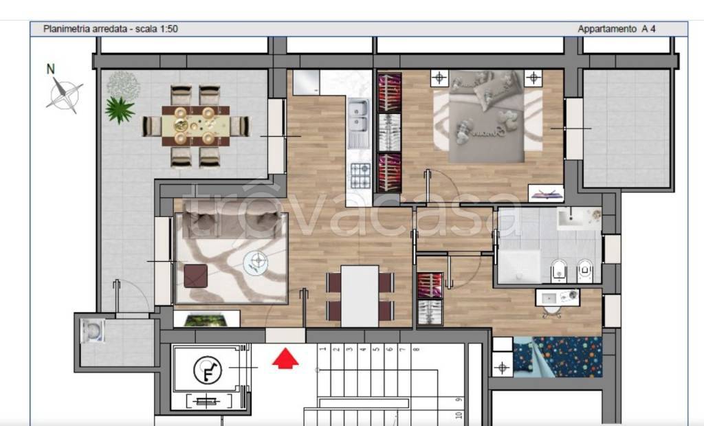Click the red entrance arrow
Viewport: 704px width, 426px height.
click(x=285, y=359)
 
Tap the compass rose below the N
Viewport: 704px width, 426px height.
click(x=65, y=95)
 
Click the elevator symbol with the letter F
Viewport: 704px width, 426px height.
click(x=207, y=370)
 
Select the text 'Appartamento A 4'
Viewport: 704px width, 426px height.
click(x=617, y=29)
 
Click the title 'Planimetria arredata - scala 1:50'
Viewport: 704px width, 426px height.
click(x=111, y=29)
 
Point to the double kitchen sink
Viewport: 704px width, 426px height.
click(x=358, y=116)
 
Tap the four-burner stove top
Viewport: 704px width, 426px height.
click(x=360, y=175)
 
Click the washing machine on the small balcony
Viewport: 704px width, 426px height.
click(x=93, y=330)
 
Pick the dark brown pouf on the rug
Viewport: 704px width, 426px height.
click(x=196, y=276)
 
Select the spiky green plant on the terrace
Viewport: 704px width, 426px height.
click(x=120, y=109)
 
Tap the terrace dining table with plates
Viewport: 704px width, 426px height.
click(x=195, y=126)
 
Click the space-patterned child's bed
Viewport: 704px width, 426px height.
click(x=557, y=357)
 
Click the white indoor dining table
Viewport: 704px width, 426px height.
click(x=360, y=296)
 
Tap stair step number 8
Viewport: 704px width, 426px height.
click(x=416, y=349)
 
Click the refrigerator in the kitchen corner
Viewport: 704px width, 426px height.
click(x=306, y=82)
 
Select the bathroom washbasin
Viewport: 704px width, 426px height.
click(x=578, y=218)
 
